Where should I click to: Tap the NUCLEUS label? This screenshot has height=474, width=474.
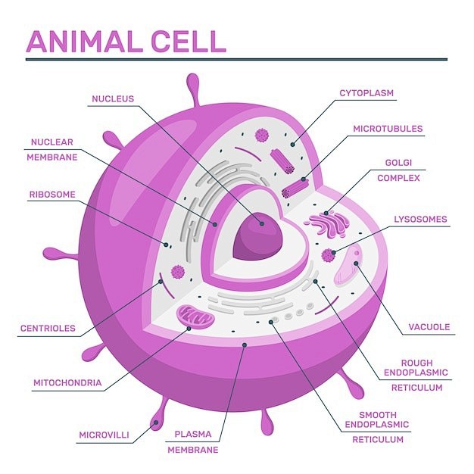[113, 99]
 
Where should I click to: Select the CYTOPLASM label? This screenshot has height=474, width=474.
[366, 93]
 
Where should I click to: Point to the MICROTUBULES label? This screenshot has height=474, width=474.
[388, 129]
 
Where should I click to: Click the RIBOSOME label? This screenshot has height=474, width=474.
[52, 195]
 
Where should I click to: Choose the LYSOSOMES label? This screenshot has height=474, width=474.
[420, 219]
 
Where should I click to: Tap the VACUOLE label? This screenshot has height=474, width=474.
[429, 327]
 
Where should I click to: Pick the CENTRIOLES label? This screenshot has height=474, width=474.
[48, 329]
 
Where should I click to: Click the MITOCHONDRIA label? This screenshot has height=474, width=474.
[67, 382]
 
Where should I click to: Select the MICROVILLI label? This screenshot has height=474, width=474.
[104, 435]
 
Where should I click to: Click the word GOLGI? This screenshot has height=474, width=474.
[398, 163]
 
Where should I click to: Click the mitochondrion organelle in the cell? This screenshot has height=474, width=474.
[195, 317]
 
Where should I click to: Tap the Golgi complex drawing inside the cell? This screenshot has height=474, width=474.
[329, 223]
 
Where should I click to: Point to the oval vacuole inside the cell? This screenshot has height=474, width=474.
[348, 266]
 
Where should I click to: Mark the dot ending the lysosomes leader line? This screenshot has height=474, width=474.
[333, 252]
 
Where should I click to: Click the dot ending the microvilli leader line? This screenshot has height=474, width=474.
[156, 422]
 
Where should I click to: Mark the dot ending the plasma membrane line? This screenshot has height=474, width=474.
[245, 345]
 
